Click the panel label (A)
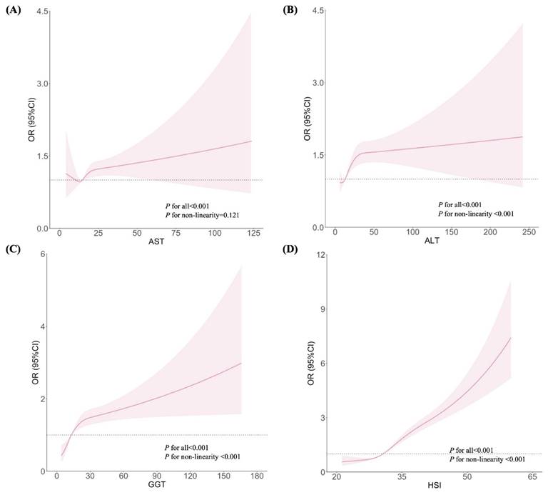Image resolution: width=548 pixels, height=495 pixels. tap(12, 10)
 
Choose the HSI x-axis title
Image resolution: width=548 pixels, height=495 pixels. tap(430, 487)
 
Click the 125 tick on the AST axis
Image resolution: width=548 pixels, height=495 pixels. tap(251, 234)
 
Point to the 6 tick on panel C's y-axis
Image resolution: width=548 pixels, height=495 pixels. tap(43, 254)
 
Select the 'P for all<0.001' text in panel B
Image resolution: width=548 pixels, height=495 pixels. tap(465, 204)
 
